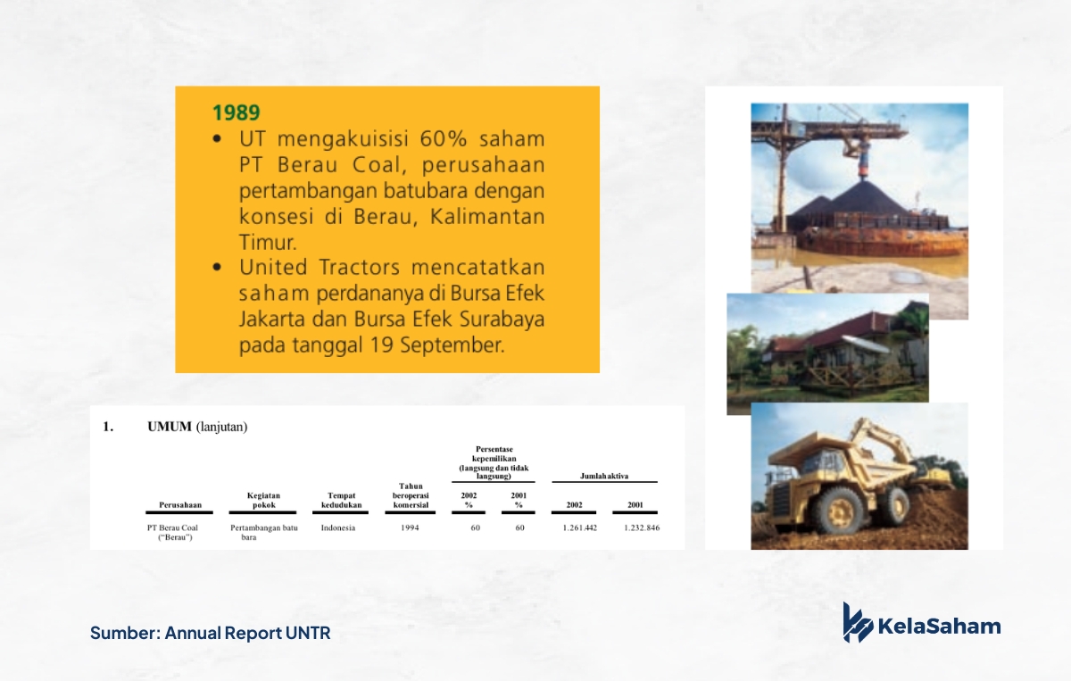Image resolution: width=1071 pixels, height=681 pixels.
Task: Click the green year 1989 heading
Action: point(237,112)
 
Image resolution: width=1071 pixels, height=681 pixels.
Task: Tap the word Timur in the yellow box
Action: point(267,242)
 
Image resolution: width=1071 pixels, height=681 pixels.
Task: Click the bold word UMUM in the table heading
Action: point(170,427)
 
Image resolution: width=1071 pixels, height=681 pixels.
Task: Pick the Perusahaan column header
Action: point(180,505)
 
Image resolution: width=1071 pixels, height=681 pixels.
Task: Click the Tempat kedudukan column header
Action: point(341,500)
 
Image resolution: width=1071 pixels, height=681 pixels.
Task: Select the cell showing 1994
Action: point(410,528)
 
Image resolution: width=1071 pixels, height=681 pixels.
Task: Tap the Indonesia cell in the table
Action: point(338,528)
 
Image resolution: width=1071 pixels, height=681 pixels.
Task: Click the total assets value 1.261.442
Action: point(579,528)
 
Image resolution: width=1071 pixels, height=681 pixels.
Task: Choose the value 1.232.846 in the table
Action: point(642,528)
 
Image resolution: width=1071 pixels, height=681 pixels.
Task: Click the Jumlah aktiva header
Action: point(604,476)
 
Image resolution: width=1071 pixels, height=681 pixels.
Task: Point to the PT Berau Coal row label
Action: point(172,532)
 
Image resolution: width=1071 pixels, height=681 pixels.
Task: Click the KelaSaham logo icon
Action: point(858,622)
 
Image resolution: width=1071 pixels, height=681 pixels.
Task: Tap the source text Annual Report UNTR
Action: point(248,633)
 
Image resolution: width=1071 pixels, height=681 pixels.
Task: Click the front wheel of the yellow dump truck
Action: point(841,512)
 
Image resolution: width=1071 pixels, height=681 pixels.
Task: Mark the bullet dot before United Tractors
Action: point(217,267)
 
